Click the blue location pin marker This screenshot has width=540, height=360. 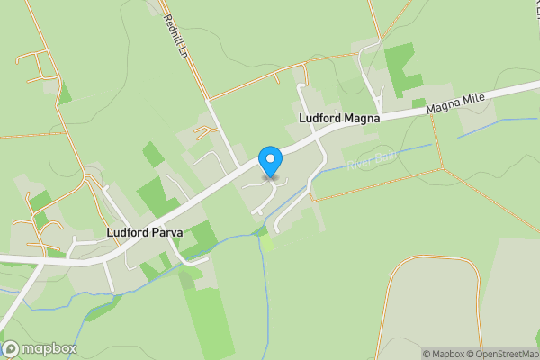[269, 161]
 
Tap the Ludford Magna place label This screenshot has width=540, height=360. [339, 118]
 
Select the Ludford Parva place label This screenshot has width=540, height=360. [144, 232]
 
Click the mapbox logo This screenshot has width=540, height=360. [40, 348]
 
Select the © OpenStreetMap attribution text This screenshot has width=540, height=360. [501, 354]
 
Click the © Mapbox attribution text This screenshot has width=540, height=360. [443, 354]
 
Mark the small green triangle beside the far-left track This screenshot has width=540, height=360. [64, 91]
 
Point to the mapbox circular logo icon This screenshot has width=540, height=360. [11, 348]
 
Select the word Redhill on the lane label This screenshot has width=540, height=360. [169, 26]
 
